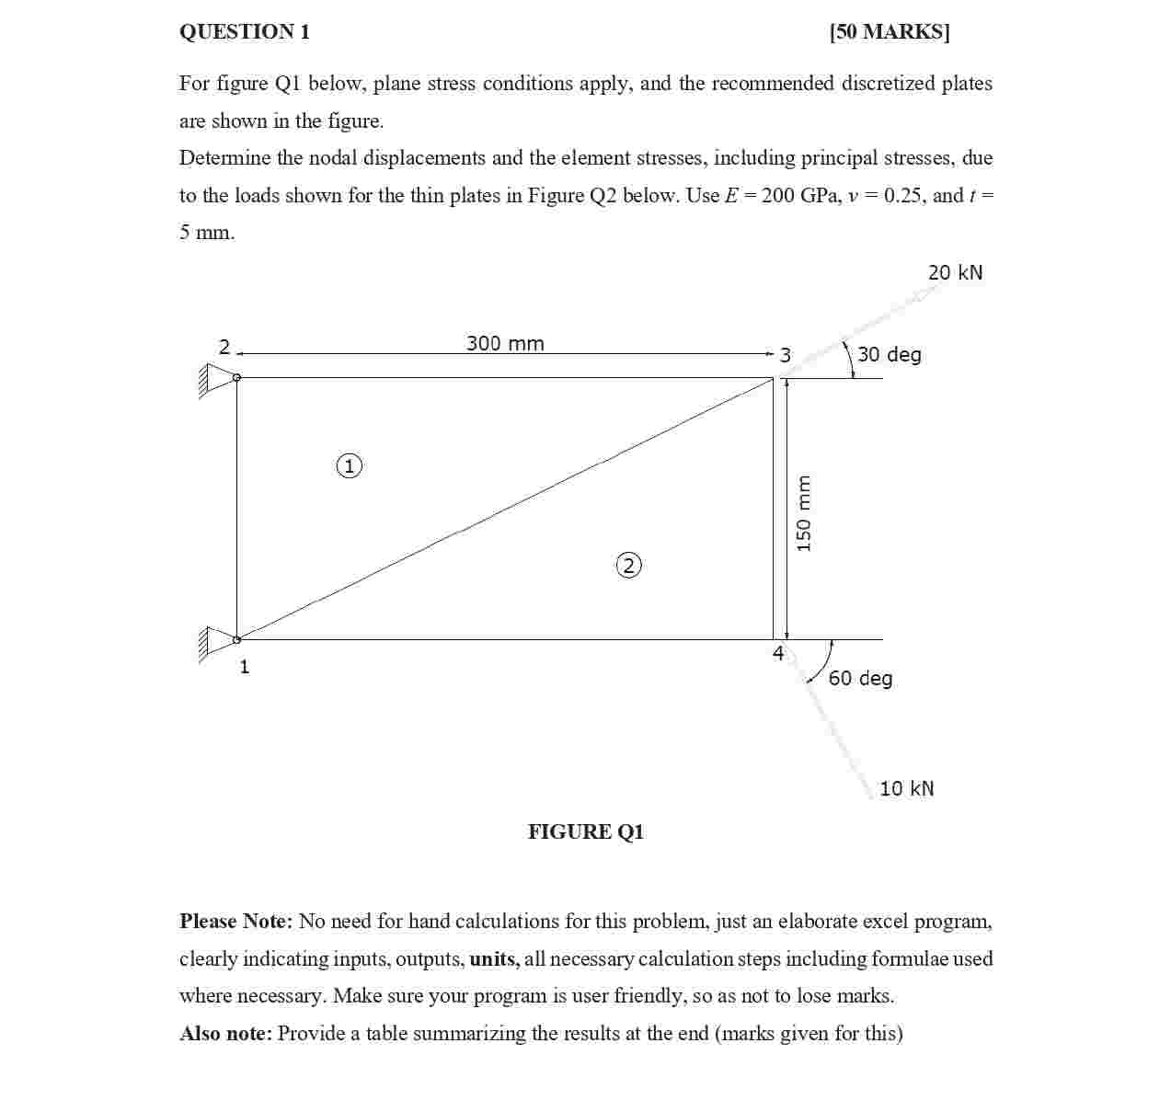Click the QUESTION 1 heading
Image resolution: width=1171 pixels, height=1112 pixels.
(245, 32)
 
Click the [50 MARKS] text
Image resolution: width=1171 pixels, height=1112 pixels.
(889, 32)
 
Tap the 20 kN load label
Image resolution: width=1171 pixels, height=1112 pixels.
(955, 272)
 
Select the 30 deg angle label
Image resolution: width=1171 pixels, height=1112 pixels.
(889, 355)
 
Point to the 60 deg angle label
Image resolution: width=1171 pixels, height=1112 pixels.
(860, 679)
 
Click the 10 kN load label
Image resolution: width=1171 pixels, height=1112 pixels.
(906, 789)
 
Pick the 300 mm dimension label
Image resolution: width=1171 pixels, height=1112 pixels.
(505, 344)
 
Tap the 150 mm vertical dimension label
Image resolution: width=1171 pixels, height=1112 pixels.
(804, 513)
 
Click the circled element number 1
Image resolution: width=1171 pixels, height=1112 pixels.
(350, 466)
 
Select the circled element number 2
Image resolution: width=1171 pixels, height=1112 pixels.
(628, 565)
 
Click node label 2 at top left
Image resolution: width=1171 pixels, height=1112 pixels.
(224, 347)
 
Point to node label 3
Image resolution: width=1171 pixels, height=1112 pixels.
(785, 355)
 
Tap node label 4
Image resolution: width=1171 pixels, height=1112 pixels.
(778, 653)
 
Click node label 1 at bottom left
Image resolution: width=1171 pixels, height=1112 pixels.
(245, 667)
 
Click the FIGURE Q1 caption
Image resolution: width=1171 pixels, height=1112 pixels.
(586, 832)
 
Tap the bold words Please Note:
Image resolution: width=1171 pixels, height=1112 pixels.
(235, 922)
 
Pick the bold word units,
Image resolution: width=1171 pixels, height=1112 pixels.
(494, 959)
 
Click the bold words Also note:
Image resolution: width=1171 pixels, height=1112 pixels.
(225, 1034)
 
